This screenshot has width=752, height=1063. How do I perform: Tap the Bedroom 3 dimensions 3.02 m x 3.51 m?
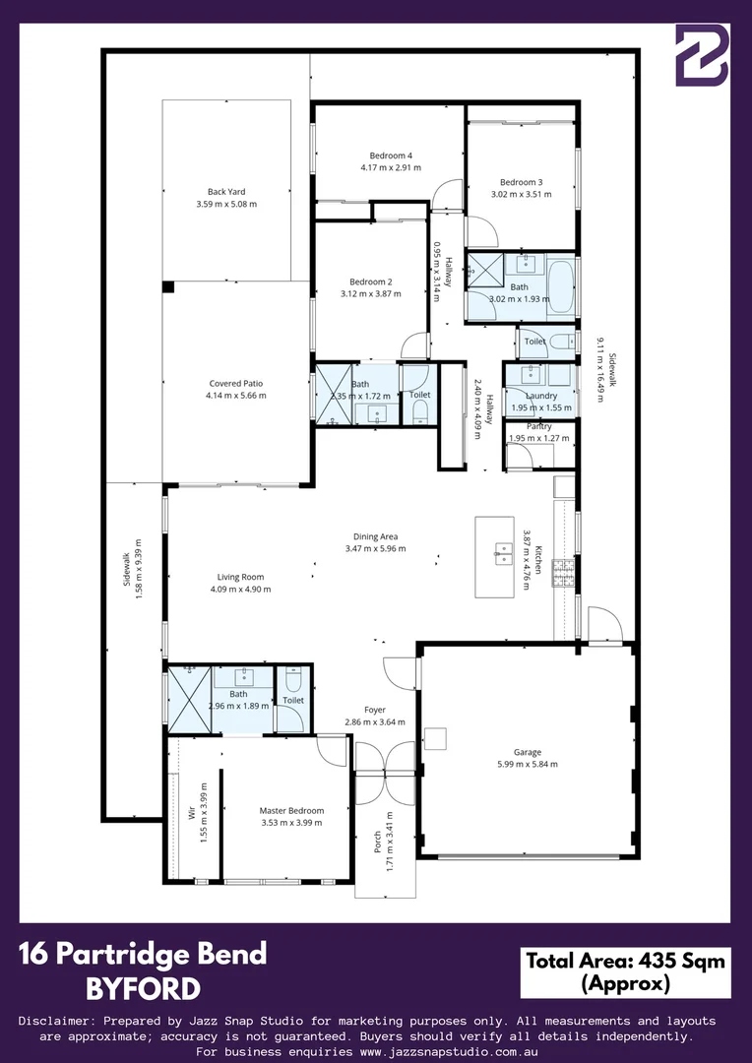click(521, 195)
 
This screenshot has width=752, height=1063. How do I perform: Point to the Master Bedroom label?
click(291, 810)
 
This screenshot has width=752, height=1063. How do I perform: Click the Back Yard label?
click(226, 192)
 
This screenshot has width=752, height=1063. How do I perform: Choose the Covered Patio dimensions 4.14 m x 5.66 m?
click(235, 396)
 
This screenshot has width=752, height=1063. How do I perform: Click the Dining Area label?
click(375, 536)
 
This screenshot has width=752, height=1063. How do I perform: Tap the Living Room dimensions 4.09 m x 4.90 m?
click(240, 590)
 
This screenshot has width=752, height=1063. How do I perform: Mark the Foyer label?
click(374, 710)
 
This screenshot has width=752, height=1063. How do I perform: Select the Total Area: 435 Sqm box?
click(625, 971)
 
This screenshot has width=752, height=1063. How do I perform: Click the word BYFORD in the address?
click(143, 988)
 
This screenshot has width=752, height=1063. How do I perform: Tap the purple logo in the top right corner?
click(702, 56)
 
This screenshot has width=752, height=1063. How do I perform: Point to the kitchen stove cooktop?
click(563, 574)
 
